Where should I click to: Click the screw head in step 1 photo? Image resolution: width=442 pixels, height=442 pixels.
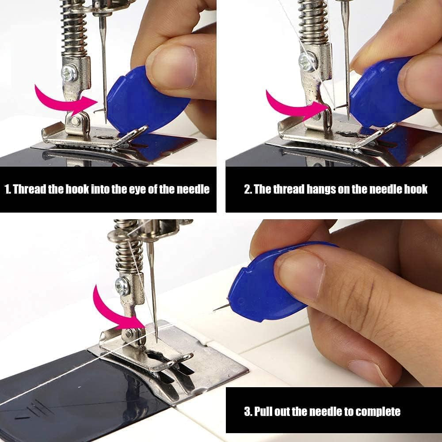point(70,72)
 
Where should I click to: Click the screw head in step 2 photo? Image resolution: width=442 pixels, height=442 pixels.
point(308,61)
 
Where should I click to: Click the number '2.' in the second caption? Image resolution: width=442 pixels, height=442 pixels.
point(248,190)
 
